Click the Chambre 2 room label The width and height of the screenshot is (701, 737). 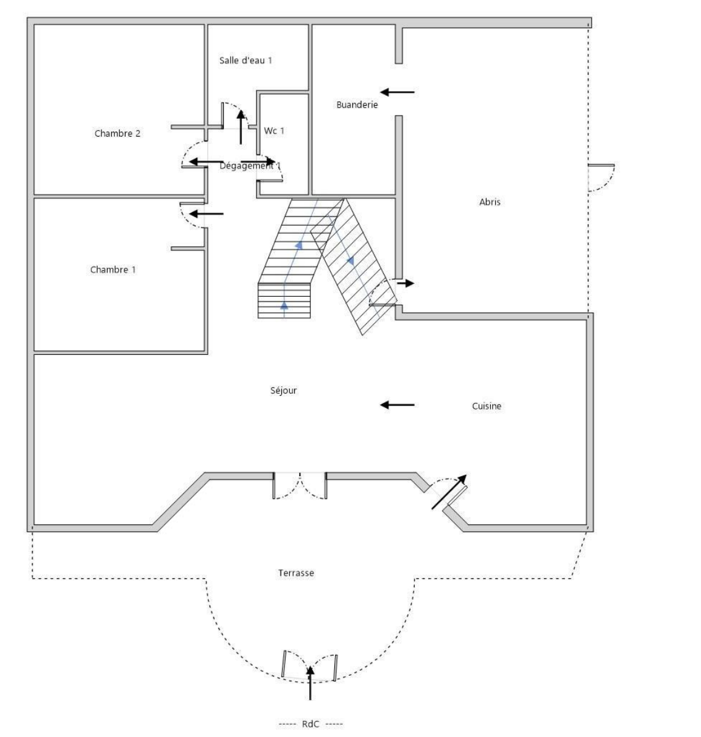(117, 134)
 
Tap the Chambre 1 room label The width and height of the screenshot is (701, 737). (113, 270)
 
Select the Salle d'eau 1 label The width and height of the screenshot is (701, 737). (245, 61)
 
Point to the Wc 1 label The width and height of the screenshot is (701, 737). (274, 131)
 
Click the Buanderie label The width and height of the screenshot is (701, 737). (357, 105)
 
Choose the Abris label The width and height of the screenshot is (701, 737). (490, 202)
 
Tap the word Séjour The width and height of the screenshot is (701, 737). (284, 391)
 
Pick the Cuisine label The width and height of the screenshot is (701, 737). (486, 406)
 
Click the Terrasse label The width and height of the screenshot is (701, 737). (296, 573)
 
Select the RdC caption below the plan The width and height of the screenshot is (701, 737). (310, 724)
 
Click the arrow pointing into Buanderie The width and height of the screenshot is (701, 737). (397, 92)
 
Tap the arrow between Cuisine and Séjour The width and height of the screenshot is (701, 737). (397, 405)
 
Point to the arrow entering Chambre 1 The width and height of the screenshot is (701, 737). (206, 214)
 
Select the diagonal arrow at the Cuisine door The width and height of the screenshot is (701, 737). (449, 492)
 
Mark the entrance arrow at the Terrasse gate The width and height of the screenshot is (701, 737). (310, 683)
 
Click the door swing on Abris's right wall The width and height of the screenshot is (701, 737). (601, 177)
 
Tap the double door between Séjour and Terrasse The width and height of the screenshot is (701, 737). (300, 486)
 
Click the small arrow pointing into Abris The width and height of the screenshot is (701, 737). (406, 283)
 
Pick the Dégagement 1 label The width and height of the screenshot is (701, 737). (250, 166)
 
